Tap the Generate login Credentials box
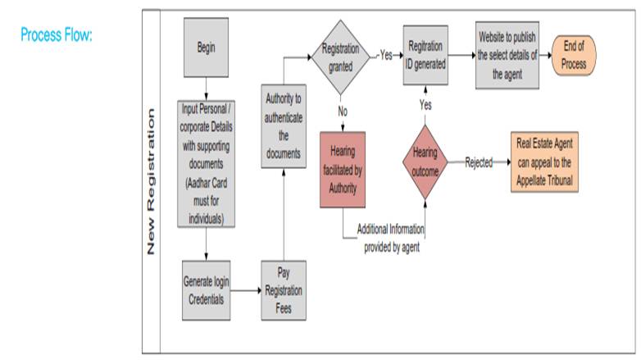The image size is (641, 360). pyautogui.click(x=207, y=289)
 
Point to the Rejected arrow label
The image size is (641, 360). pyautogui.click(x=479, y=162)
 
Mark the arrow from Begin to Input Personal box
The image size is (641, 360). pyautogui.click(x=207, y=84)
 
